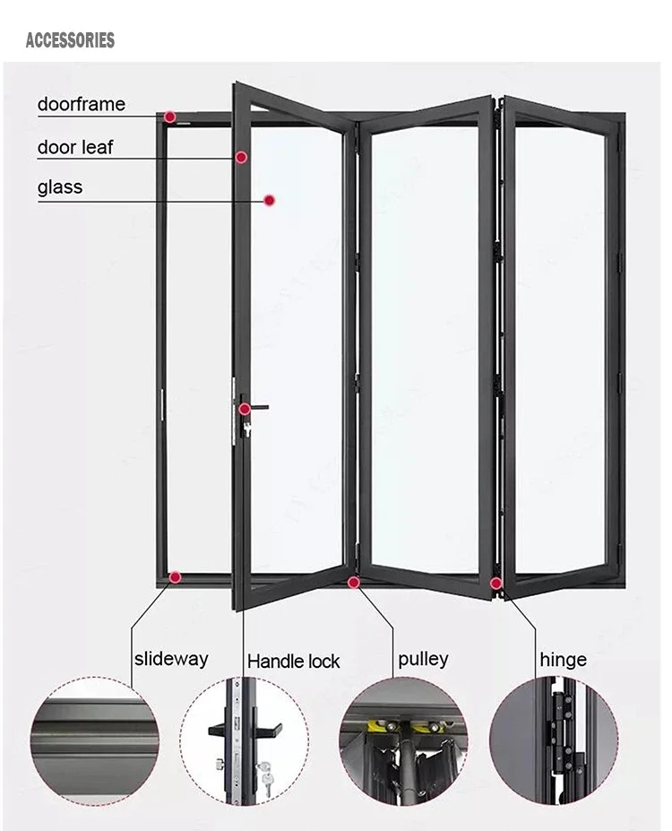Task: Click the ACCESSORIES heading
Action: coord(70,40)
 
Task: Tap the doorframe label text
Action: coord(81,105)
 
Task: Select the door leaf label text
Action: coord(75,147)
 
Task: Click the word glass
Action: coord(60,187)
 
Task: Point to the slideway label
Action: coord(171,659)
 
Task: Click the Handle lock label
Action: coord(294,662)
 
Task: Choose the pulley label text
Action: coord(423,659)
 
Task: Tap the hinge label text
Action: coord(563,660)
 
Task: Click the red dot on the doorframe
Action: coord(169,117)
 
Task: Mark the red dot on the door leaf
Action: coord(241,158)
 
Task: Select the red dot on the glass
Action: coord(268,201)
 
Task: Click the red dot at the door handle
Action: coord(244,410)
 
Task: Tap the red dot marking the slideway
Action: coord(175,577)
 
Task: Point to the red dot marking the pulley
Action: coord(354,583)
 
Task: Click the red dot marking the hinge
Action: coord(495,584)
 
